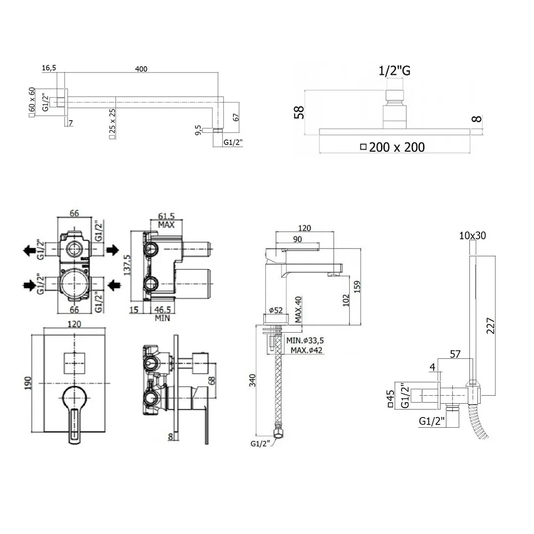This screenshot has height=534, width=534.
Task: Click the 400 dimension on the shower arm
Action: point(141,69)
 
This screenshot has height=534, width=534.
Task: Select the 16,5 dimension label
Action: point(49,68)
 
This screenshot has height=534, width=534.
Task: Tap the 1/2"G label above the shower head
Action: point(395,70)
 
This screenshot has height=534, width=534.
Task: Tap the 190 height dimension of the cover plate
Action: point(28,382)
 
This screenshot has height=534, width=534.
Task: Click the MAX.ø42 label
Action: point(307,350)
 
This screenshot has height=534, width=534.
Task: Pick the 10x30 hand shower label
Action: point(472,235)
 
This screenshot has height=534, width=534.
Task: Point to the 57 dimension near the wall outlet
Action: point(456,354)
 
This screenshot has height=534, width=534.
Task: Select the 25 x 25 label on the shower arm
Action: point(112,124)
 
